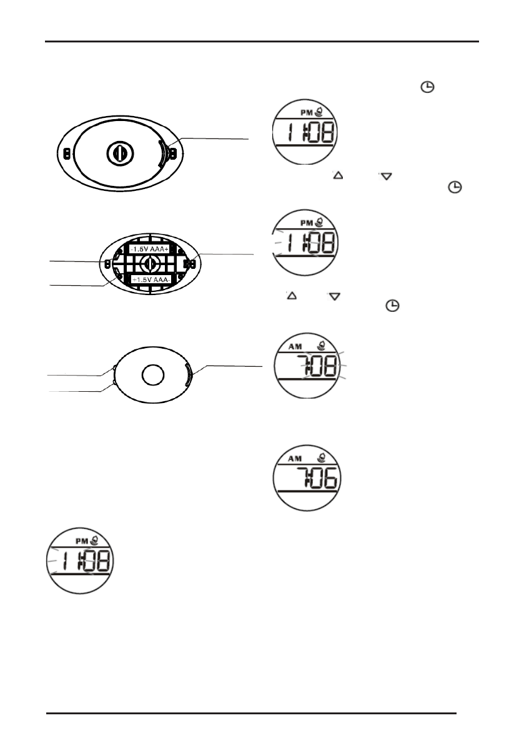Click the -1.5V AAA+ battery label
149,249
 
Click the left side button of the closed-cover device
67,153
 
